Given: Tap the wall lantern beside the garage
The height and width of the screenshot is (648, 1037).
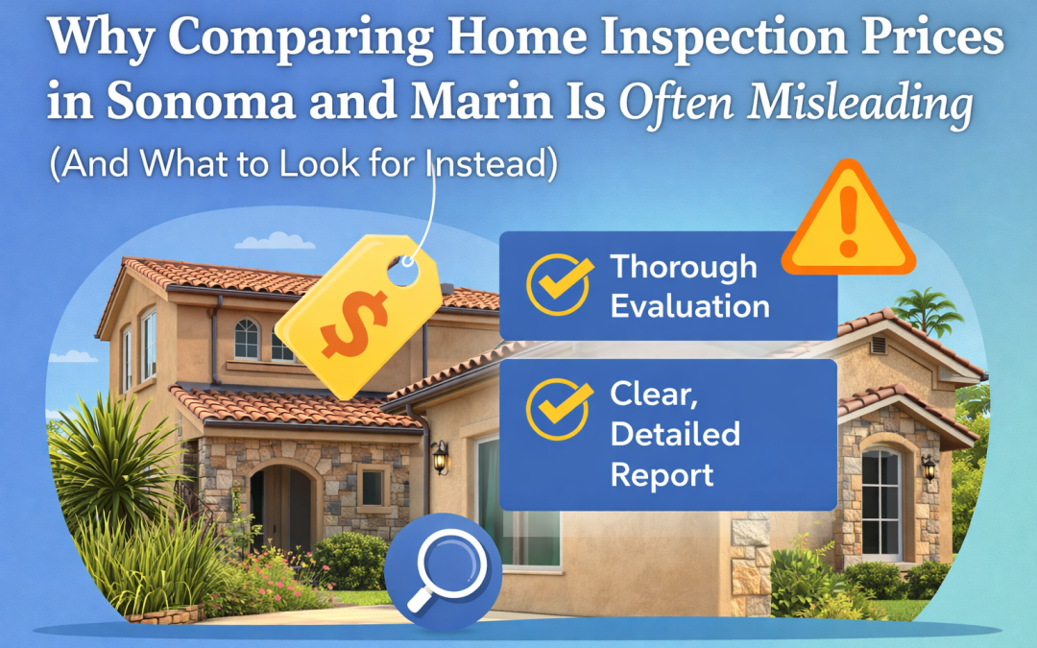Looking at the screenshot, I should tap(440, 455).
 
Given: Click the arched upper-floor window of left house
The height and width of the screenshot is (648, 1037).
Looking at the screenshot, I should tap(247, 339).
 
